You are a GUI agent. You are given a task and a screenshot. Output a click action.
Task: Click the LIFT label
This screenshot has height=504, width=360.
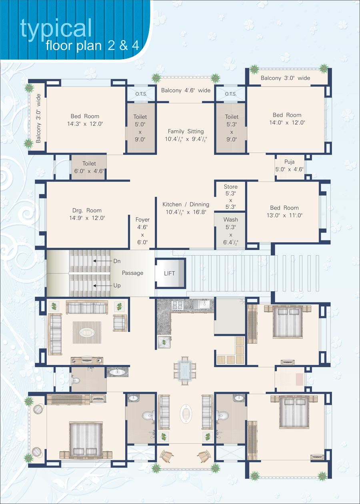click(x=170, y=273)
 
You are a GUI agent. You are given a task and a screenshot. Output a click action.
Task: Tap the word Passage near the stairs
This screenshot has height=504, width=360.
click(x=132, y=273)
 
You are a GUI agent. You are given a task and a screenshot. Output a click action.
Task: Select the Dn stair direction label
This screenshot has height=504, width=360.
click(x=117, y=261)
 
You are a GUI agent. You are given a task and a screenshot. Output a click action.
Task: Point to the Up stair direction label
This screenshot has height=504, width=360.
click(x=117, y=286)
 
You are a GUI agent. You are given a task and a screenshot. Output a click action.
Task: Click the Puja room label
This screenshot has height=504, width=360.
click(x=289, y=162)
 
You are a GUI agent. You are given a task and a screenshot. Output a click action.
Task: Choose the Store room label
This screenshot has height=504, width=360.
click(x=231, y=187)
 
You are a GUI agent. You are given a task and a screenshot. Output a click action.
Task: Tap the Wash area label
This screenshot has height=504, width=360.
click(x=231, y=220)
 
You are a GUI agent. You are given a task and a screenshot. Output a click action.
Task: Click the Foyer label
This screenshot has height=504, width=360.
click(x=142, y=220)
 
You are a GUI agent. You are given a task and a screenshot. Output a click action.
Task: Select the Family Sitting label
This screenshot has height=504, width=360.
click(x=186, y=131)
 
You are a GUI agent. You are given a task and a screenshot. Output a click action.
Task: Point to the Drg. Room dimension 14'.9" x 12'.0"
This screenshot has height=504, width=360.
click(x=87, y=218)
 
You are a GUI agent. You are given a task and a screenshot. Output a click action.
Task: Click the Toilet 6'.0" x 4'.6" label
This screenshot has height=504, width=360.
click(x=89, y=167)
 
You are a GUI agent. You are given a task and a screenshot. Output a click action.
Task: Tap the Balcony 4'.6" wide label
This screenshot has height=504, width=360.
click(x=186, y=90)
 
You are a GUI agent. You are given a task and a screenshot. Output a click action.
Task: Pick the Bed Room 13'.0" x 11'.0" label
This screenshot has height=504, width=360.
click(x=284, y=212)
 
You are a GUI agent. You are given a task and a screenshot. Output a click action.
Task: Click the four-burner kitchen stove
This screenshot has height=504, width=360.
click(x=177, y=305)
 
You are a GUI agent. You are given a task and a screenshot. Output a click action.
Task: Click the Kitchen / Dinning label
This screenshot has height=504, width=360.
click(x=186, y=208)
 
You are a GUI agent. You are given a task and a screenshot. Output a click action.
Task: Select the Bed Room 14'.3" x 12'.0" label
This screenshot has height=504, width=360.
click(x=85, y=120)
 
